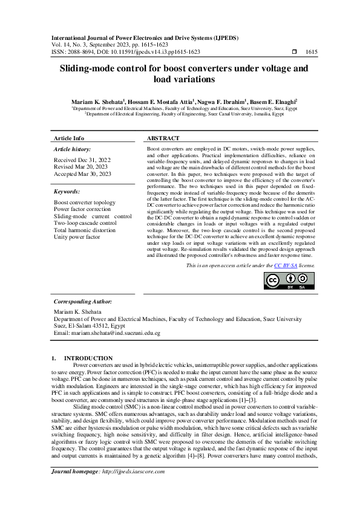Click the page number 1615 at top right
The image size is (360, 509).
312,52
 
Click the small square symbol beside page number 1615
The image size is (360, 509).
294,52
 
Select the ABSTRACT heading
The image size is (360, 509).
163,138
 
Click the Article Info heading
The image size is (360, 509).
69,138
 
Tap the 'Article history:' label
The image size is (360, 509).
72,149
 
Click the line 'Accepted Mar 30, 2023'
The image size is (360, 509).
83,174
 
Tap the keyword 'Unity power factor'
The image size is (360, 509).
77,237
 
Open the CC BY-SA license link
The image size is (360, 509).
284,265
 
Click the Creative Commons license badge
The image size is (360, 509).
289,280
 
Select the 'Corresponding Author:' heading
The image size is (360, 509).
82,301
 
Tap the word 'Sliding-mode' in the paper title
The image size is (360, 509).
91,70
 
